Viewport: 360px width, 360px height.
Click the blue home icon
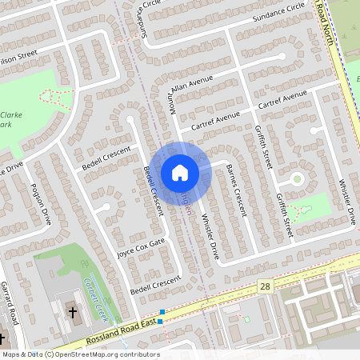pos(179,173)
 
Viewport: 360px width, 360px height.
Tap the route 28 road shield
pos(265,286)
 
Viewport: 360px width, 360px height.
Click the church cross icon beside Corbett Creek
pos(72,312)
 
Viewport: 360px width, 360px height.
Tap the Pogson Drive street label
pos(41,206)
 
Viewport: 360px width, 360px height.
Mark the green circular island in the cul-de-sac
pos(298,179)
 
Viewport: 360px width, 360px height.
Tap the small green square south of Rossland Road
pos(247,320)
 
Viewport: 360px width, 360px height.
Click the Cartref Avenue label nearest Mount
pos(210,121)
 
